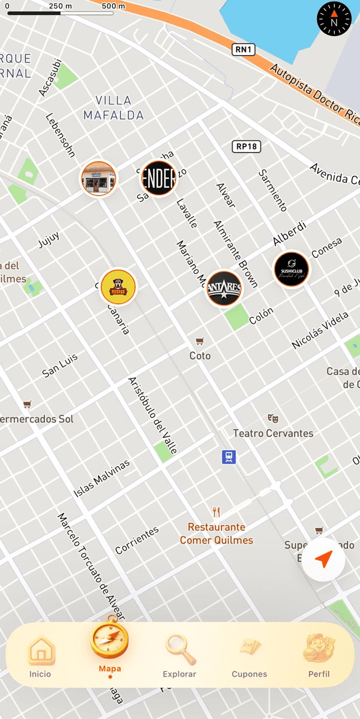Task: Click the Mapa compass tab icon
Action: coord(110,641)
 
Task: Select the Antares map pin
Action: coord(224,288)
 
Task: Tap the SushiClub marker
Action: coord(291,269)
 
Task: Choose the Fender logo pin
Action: coord(159,178)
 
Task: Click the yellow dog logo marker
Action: coord(118,287)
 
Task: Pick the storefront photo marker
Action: coord(98,179)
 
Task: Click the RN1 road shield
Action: coord(244,50)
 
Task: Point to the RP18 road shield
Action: coord(246,147)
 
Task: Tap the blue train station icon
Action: coord(228,457)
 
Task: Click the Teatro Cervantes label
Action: coord(273,433)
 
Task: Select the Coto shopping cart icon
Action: coord(199,341)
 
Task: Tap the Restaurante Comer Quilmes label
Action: coord(217,533)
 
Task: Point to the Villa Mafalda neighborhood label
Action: coord(113,108)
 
